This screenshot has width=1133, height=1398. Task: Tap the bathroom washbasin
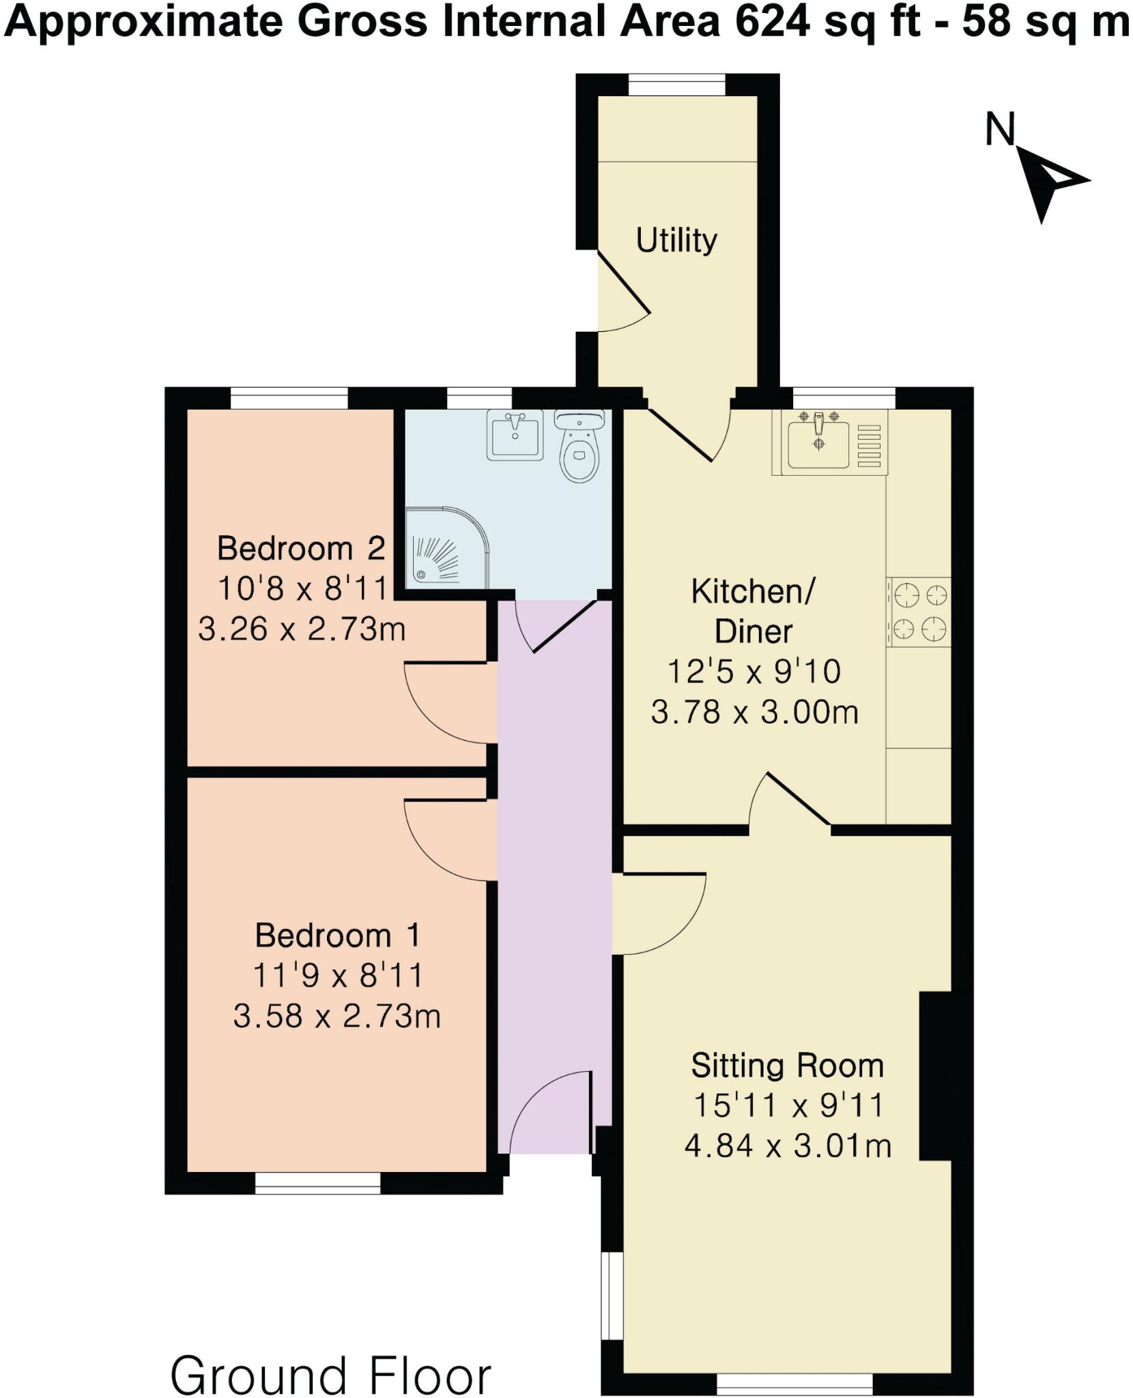pos(515,436)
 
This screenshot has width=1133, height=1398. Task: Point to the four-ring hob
pos(919,612)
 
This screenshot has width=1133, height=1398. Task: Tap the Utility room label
pos(676,240)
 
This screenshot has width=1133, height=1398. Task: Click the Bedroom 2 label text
pos(301,548)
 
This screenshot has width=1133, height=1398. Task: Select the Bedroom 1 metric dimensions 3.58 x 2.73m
pos(336,1016)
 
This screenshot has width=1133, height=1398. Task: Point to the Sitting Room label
pos(787,1065)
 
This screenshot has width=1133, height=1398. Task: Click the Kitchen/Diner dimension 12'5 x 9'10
pos(754,672)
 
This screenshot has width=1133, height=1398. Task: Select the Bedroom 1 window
pos(317,1184)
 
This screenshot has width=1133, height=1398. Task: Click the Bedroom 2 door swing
pos(447,703)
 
